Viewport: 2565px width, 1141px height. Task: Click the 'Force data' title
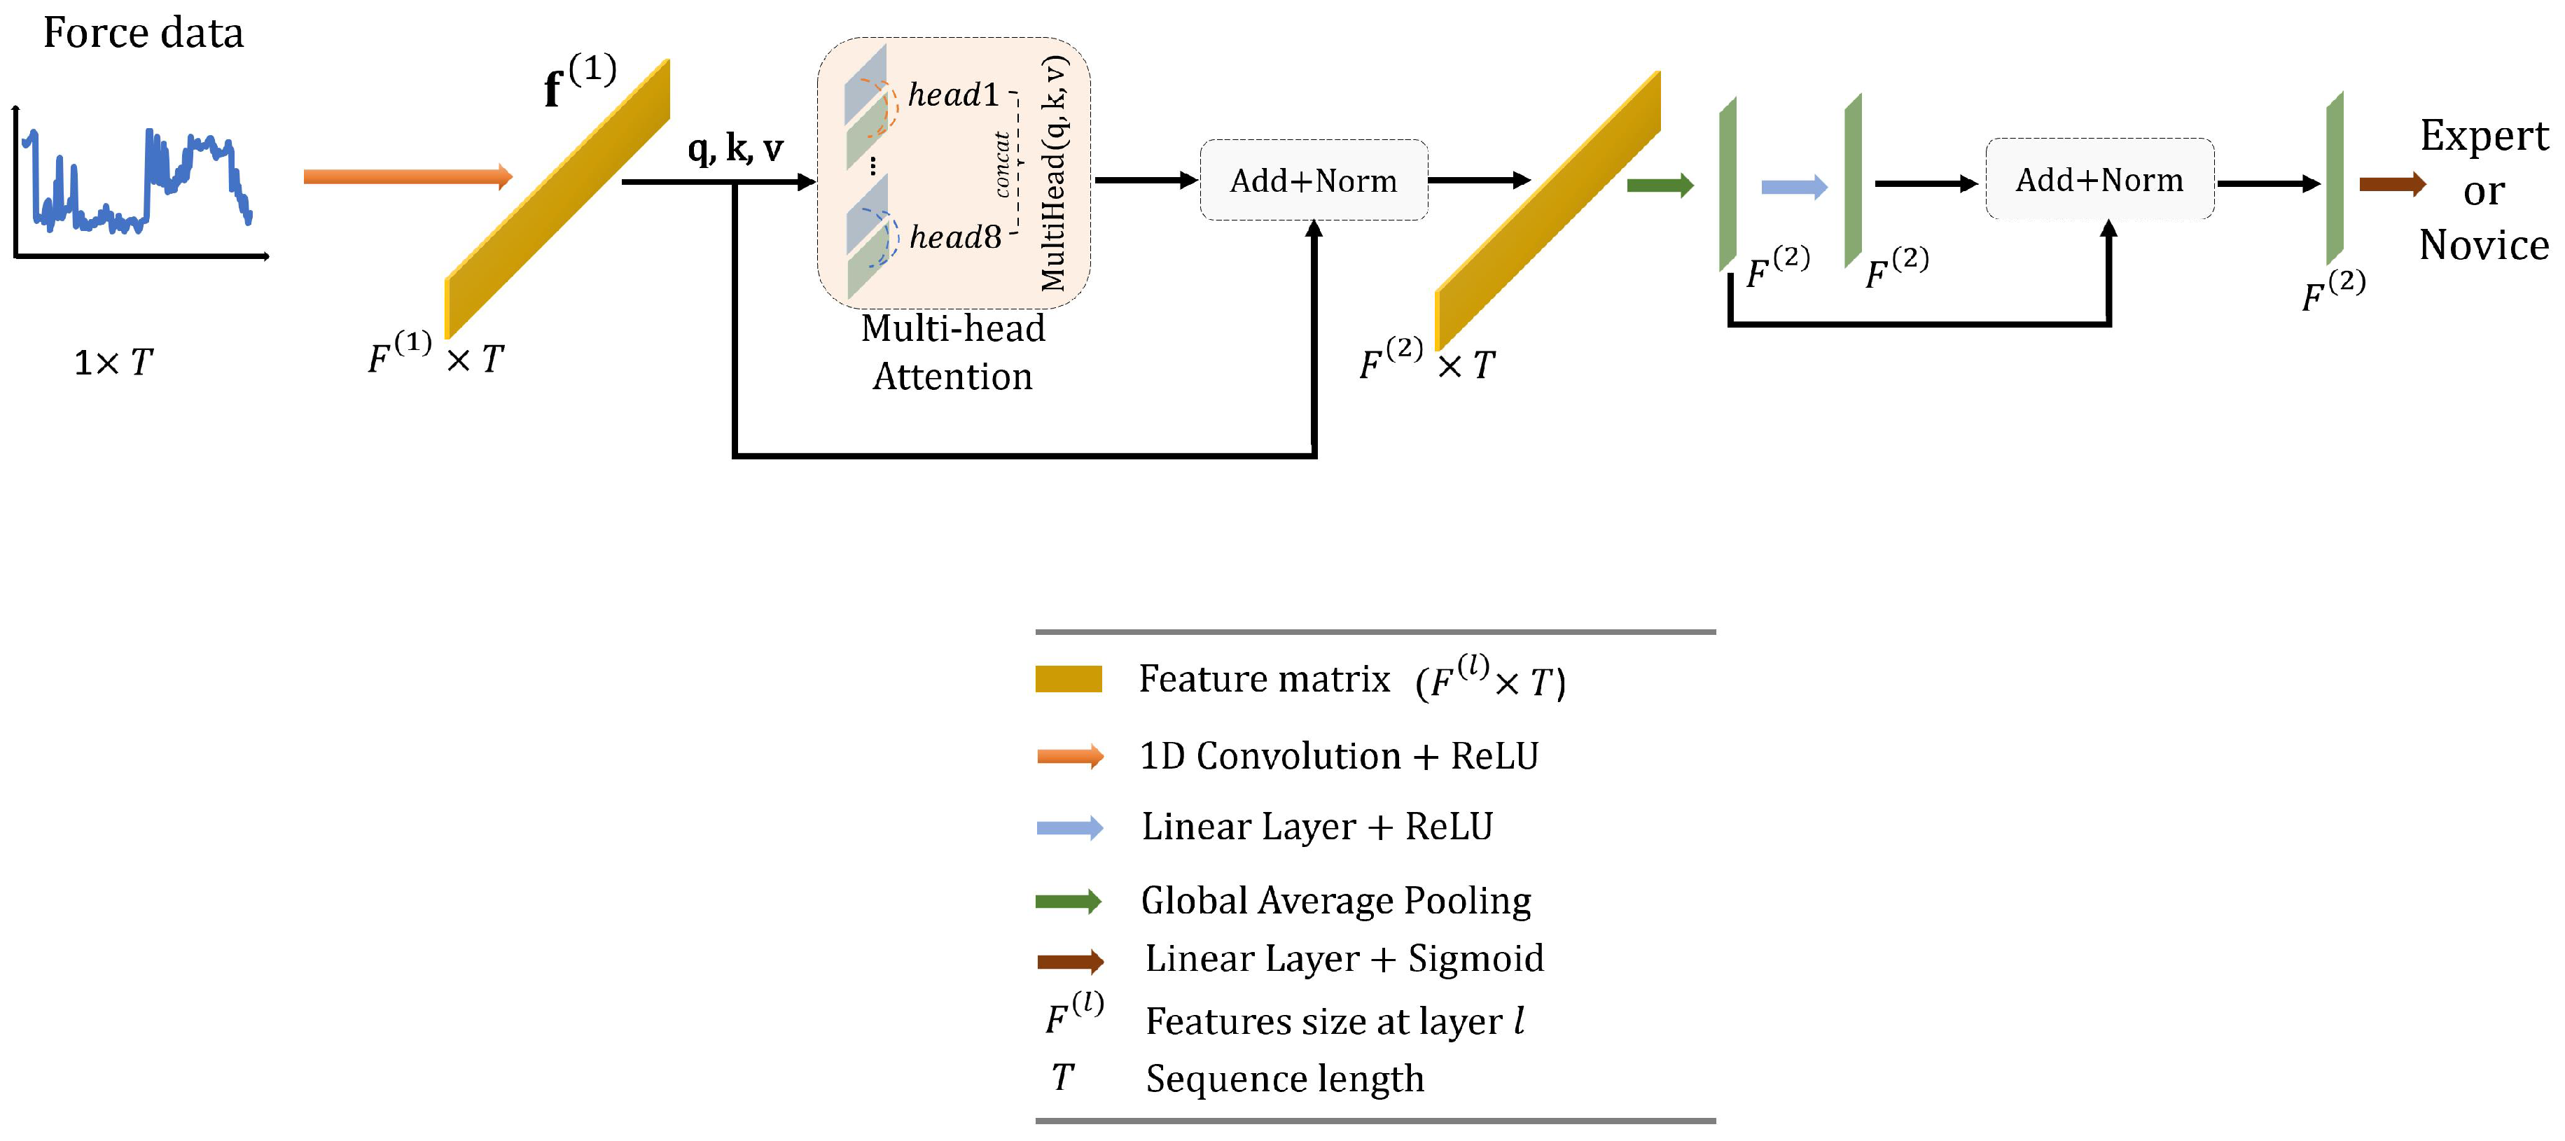[x=144, y=33]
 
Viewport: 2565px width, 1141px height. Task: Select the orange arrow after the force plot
[x=408, y=177]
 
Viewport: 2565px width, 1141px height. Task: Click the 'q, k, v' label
[x=735, y=148]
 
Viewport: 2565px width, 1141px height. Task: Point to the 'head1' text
[x=953, y=94]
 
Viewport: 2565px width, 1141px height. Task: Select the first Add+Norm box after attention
[x=1314, y=180]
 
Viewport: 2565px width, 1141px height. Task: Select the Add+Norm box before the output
[x=2099, y=179]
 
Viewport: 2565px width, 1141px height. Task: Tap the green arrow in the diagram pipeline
[x=1659, y=185]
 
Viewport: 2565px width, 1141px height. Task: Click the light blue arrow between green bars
[x=1793, y=186]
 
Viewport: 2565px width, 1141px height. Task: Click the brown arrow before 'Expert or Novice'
[x=2392, y=184]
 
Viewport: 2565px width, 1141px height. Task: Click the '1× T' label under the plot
[x=113, y=363]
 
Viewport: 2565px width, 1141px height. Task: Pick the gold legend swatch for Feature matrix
[x=1069, y=679]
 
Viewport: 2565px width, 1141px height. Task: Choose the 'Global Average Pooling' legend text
[x=1335, y=900]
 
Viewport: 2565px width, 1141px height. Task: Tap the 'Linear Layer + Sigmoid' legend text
[x=1344, y=959]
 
